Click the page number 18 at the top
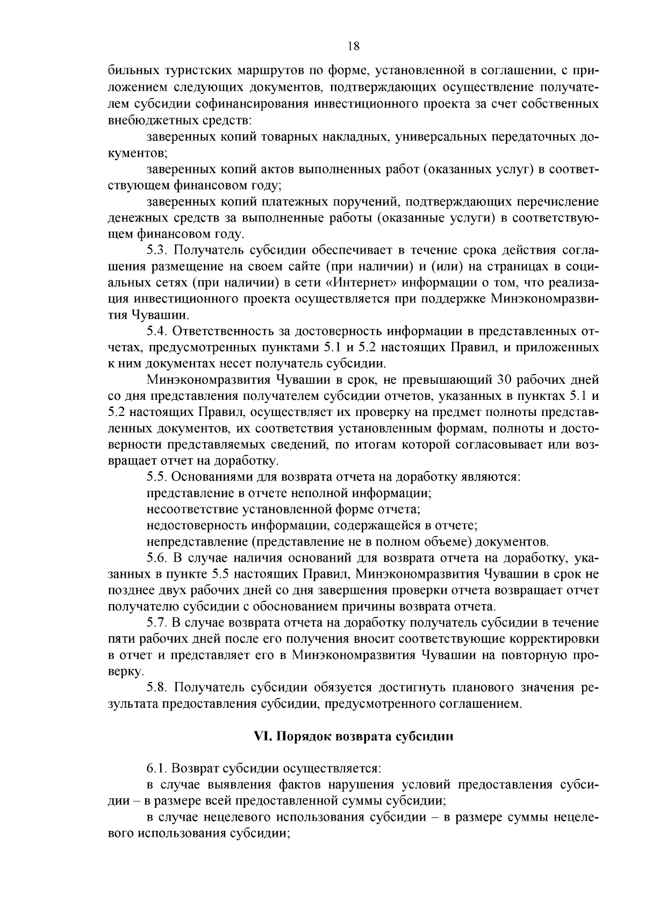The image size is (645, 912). pyautogui.click(x=353, y=46)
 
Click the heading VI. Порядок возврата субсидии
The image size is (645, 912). pyautogui.click(x=353, y=736)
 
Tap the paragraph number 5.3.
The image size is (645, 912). pyautogui.click(x=156, y=250)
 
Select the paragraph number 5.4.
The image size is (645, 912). pyautogui.click(x=156, y=332)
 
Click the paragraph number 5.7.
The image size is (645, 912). pyautogui.click(x=156, y=623)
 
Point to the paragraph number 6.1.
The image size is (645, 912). pyautogui.click(x=156, y=768)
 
